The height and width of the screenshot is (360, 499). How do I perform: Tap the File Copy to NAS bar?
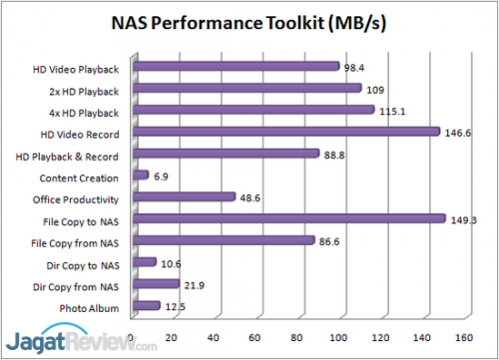coord(288,218)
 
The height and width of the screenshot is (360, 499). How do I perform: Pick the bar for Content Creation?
coord(140,176)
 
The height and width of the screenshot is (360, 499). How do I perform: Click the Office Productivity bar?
coord(183,197)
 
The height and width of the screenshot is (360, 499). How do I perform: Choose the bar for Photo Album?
coord(146,306)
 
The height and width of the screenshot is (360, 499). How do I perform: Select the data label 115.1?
coord(392,111)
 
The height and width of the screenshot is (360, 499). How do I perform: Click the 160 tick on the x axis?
coord(463,336)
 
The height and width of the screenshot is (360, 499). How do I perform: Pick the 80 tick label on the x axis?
coord(297,336)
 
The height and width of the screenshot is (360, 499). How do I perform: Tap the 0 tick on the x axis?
coord(132,336)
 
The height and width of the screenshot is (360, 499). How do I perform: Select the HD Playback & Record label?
coord(69,156)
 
